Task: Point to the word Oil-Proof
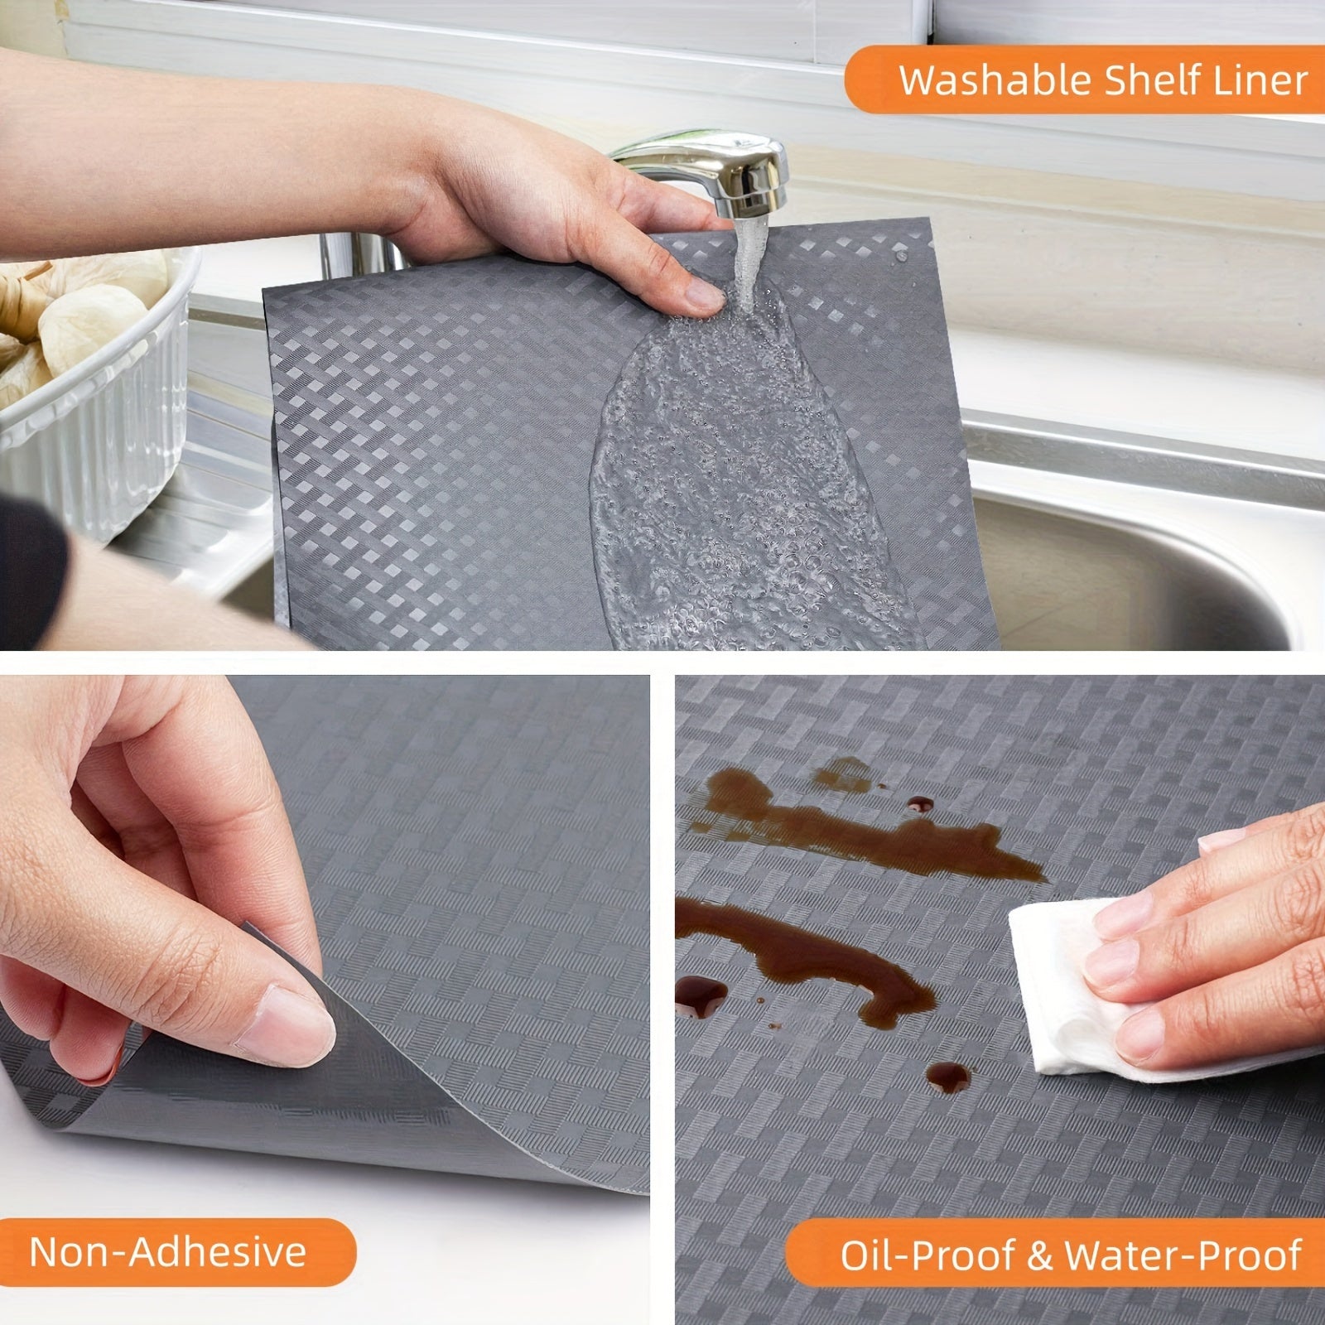(925, 1255)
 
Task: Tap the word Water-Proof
(1183, 1255)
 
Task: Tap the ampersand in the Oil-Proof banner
(1038, 1255)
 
